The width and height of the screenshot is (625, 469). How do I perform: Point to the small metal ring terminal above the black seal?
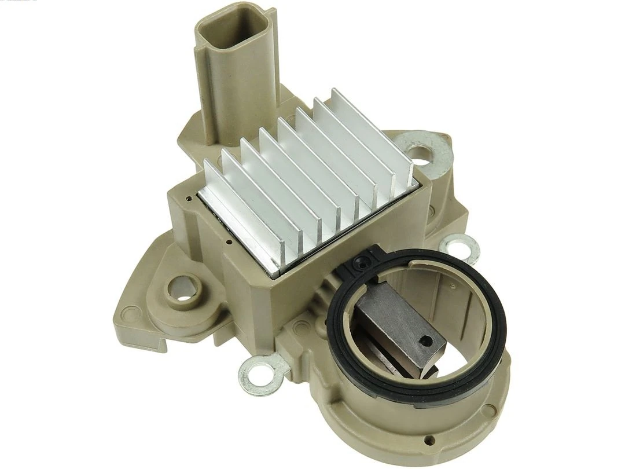pos(460,248)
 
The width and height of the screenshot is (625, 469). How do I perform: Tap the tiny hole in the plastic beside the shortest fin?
pos(189,198)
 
